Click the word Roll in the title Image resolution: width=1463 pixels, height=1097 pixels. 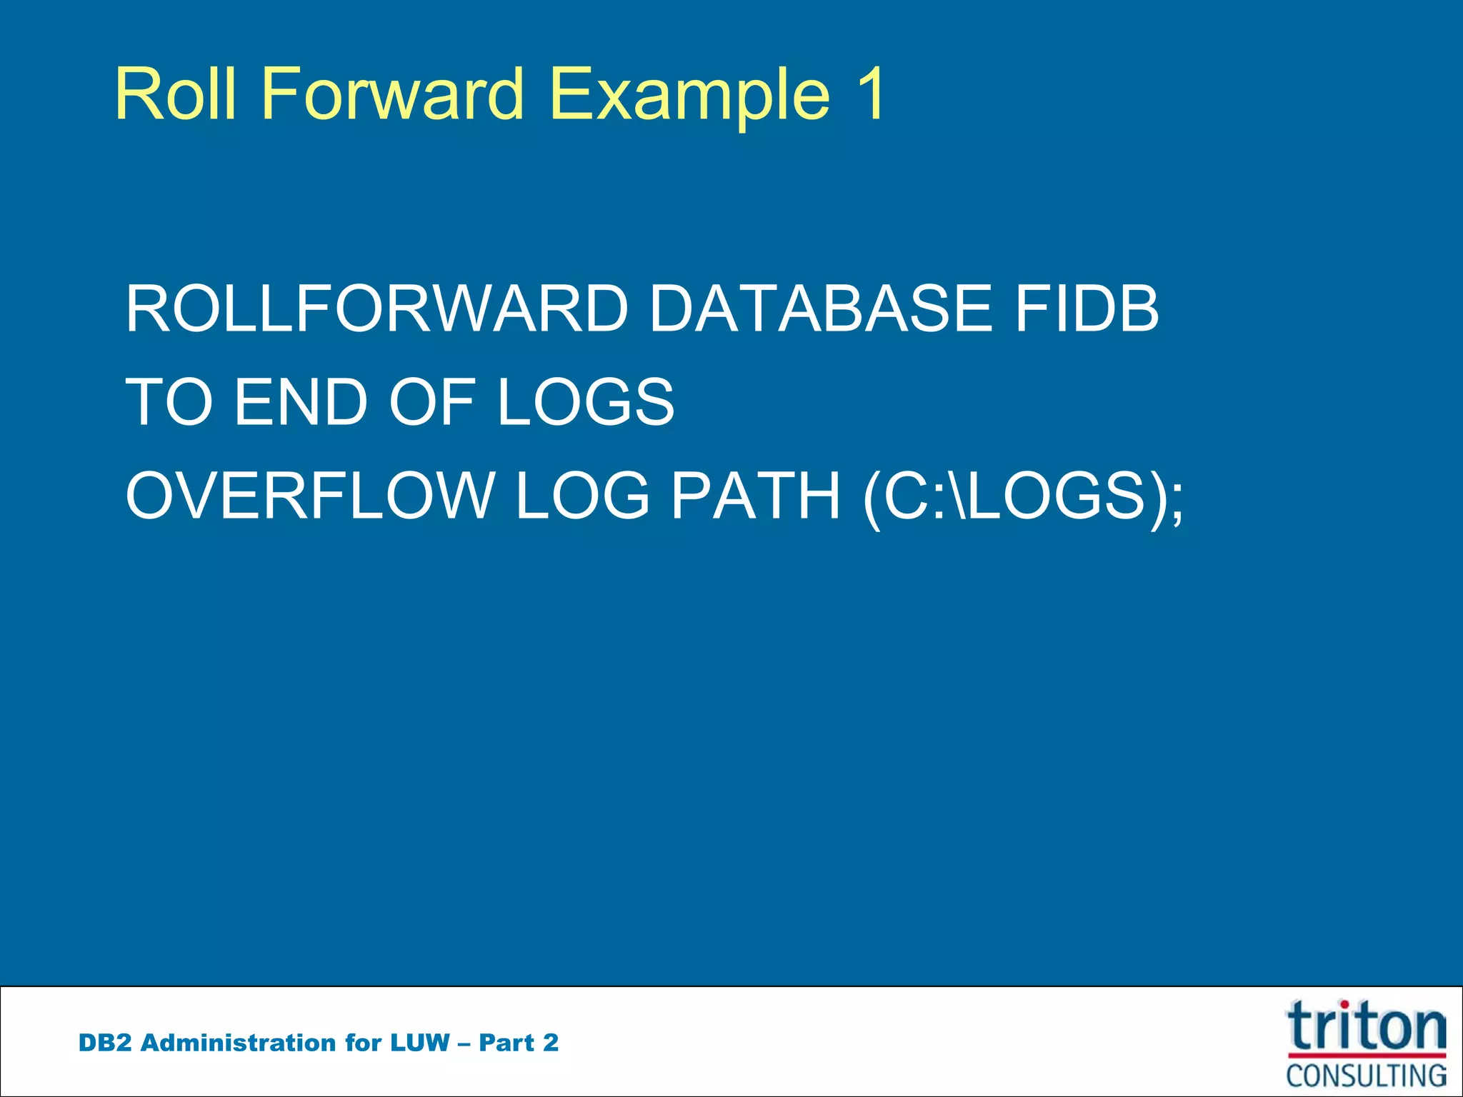pyautogui.click(x=175, y=94)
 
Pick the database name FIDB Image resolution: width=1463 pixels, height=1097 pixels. pyautogui.click(x=1087, y=309)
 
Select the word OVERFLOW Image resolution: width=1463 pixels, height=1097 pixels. pyautogui.click(x=310, y=496)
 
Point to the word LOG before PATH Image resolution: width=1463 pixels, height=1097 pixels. pyautogui.click(x=582, y=496)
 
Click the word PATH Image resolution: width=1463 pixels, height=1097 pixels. pyautogui.click(x=756, y=496)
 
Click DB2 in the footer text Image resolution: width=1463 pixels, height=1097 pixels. pyautogui.click(x=105, y=1043)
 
